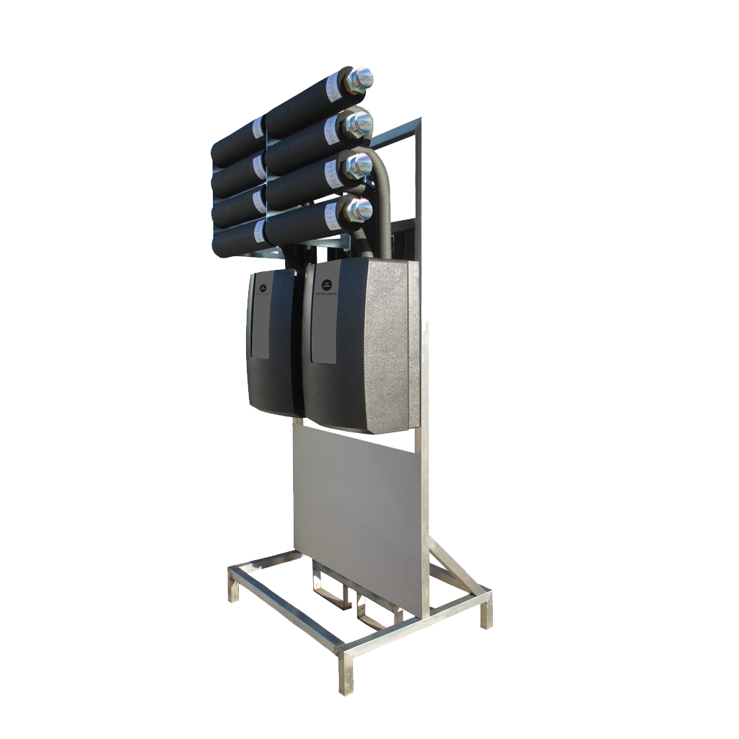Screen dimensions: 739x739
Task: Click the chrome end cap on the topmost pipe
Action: pos(360,77)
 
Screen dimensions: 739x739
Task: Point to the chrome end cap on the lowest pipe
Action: pos(358,210)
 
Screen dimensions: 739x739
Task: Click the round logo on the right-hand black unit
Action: pos(325,286)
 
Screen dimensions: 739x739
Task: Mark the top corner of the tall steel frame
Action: pos(421,121)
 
